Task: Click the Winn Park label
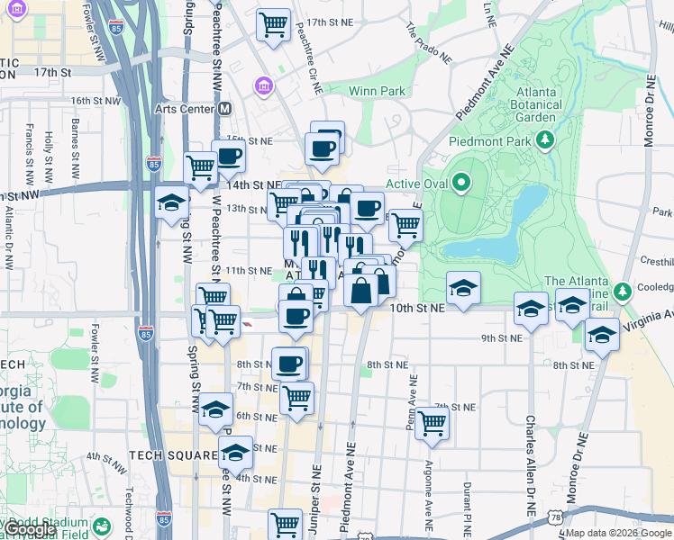click(377, 91)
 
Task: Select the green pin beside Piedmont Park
click(544, 140)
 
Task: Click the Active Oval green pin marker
click(461, 184)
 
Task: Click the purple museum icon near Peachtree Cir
click(264, 86)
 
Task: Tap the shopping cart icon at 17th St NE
click(273, 24)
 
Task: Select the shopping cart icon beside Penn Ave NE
click(433, 421)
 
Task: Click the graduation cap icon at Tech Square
click(236, 451)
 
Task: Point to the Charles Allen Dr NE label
click(531, 467)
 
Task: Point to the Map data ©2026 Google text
click(618, 533)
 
